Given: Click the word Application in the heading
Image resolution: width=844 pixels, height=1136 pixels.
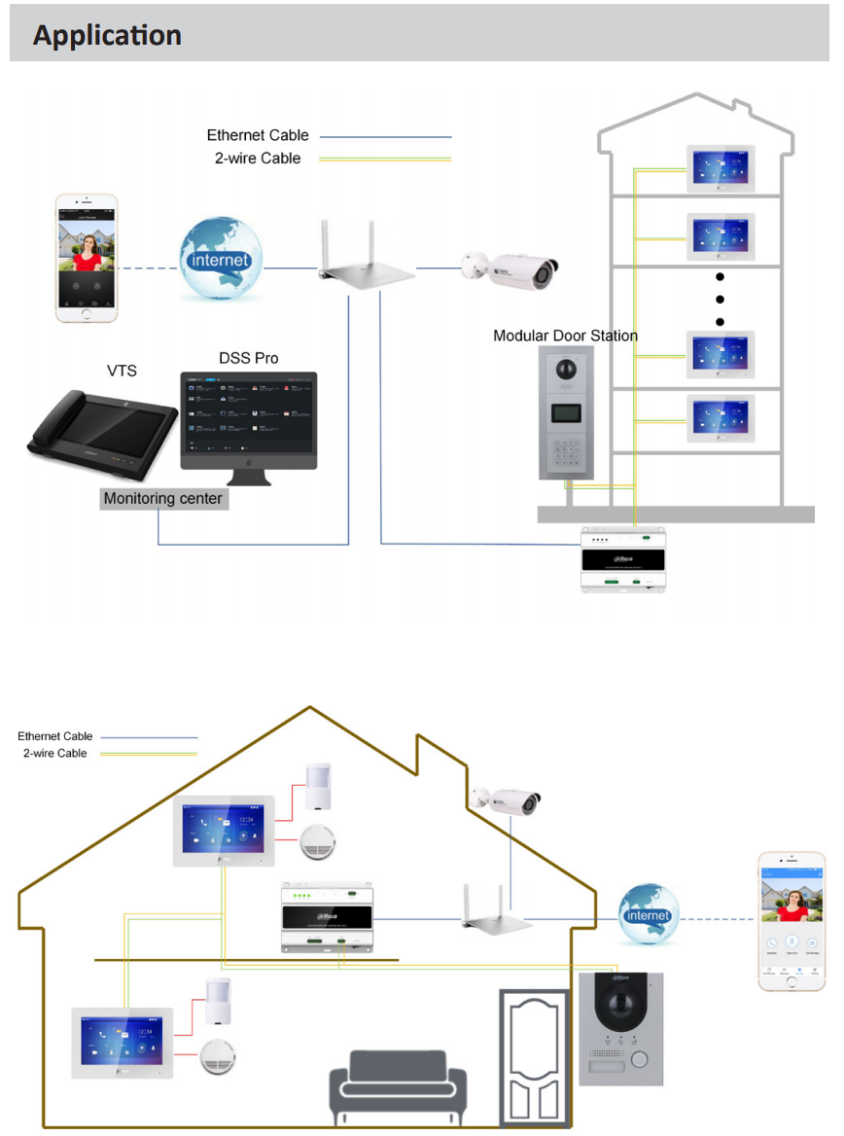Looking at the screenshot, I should [107, 36].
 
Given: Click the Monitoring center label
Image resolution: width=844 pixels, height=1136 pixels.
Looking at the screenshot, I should [163, 499].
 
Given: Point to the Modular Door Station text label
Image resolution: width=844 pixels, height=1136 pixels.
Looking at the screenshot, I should [565, 336].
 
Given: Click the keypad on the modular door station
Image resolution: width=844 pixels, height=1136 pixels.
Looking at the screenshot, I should [565, 450].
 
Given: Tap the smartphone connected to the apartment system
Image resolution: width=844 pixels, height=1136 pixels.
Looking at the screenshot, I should [87, 258].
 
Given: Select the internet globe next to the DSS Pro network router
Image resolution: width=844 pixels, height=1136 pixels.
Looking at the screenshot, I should [221, 258].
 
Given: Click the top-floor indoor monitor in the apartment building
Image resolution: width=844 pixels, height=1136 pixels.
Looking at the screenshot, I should [721, 171].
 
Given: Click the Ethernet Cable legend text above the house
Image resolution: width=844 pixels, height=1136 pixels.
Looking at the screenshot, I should [54, 736].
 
